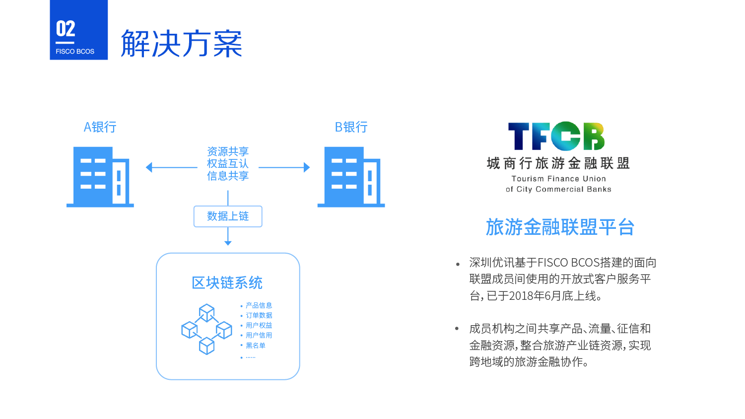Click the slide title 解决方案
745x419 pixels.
click(181, 43)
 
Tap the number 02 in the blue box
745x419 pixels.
click(66, 29)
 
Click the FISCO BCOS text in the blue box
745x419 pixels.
click(75, 52)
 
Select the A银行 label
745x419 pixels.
click(100, 127)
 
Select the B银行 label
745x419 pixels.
click(351, 127)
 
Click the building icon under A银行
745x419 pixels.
click(100, 177)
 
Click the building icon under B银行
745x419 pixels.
click(351, 177)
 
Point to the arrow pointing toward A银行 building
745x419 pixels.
click(172, 167)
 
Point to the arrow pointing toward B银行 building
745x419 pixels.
click(284, 167)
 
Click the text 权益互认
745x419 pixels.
click(228, 164)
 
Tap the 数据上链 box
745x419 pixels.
click(228, 216)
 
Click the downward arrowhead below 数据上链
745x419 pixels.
click(228, 243)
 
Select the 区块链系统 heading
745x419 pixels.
click(227, 282)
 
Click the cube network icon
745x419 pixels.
click(206, 329)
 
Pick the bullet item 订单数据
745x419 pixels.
click(259, 315)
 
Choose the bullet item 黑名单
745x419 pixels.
click(256, 346)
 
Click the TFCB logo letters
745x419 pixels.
click(556, 136)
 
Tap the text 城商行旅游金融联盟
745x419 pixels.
click(558, 163)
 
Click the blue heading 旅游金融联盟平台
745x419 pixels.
click(560, 227)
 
